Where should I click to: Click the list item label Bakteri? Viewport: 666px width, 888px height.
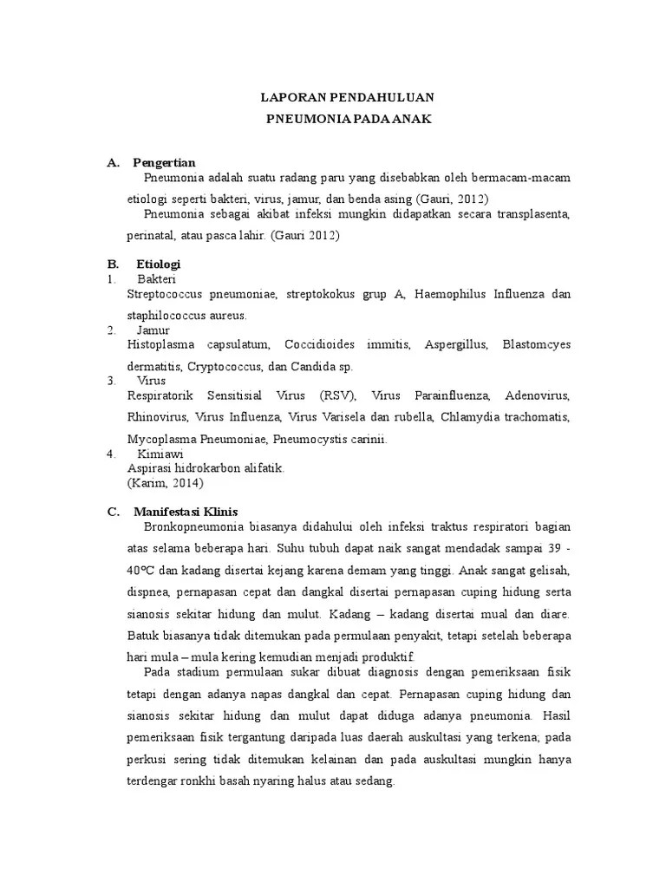pyautogui.click(x=156, y=279)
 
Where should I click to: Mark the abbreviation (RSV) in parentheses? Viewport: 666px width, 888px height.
pyautogui.click(x=337, y=395)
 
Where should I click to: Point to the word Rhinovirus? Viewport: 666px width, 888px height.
pyautogui.click(x=157, y=417)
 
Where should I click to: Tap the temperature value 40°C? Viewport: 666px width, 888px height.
pyautogui.click(x=143, y=571)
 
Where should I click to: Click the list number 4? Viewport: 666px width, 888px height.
pyautogui.click(x=109, y=454)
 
